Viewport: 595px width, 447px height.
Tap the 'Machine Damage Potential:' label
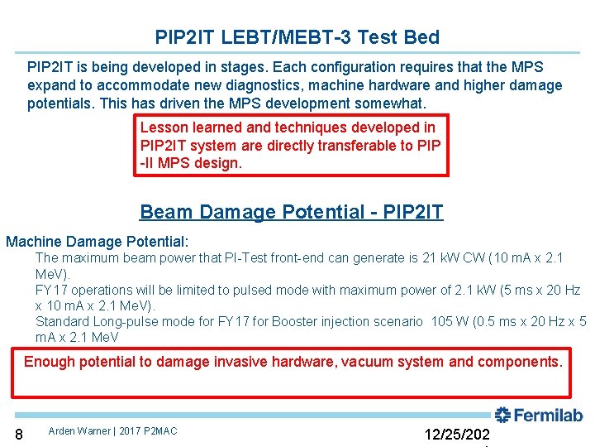(x=98, y=242)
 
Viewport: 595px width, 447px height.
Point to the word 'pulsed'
(x=251, y=291)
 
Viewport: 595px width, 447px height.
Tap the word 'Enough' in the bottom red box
(x=50, y=362)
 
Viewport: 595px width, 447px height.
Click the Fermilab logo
(x=539, y=416)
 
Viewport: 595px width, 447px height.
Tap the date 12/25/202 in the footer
(x=456, y=435)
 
